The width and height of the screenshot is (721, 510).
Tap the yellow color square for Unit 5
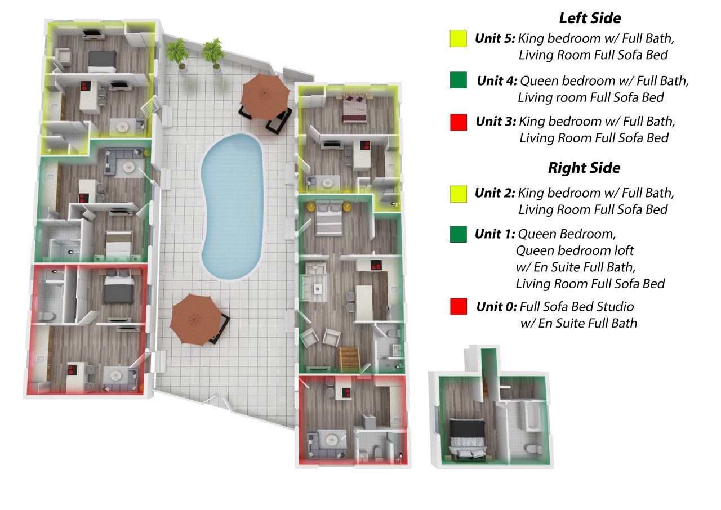tap(459, 38)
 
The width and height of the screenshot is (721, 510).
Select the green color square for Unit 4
tap(459, 80)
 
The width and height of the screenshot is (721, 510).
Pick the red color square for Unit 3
tap(459, 122)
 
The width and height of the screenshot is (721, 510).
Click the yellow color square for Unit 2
tap(459, 194)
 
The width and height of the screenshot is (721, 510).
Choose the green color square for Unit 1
tap(459, 234)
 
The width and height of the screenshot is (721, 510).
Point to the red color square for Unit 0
tap(459, 307)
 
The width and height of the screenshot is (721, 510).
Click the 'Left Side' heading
tap(589, 18)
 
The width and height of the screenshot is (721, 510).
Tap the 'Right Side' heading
tap(584, 168)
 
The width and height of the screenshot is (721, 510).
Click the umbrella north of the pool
tap(264, 95)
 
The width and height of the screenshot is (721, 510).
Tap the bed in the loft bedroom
tap(467, 438)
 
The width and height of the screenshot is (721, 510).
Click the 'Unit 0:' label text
tap(496, 307)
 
